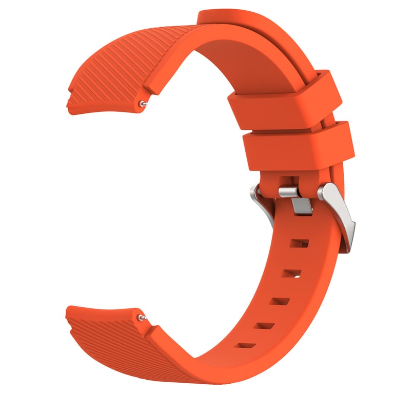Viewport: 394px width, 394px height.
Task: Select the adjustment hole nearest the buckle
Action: click(x=299, y=242)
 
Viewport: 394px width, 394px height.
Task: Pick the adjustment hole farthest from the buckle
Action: click(x=245, y=345)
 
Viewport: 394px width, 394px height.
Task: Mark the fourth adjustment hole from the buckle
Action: click(x=264, y=325)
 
